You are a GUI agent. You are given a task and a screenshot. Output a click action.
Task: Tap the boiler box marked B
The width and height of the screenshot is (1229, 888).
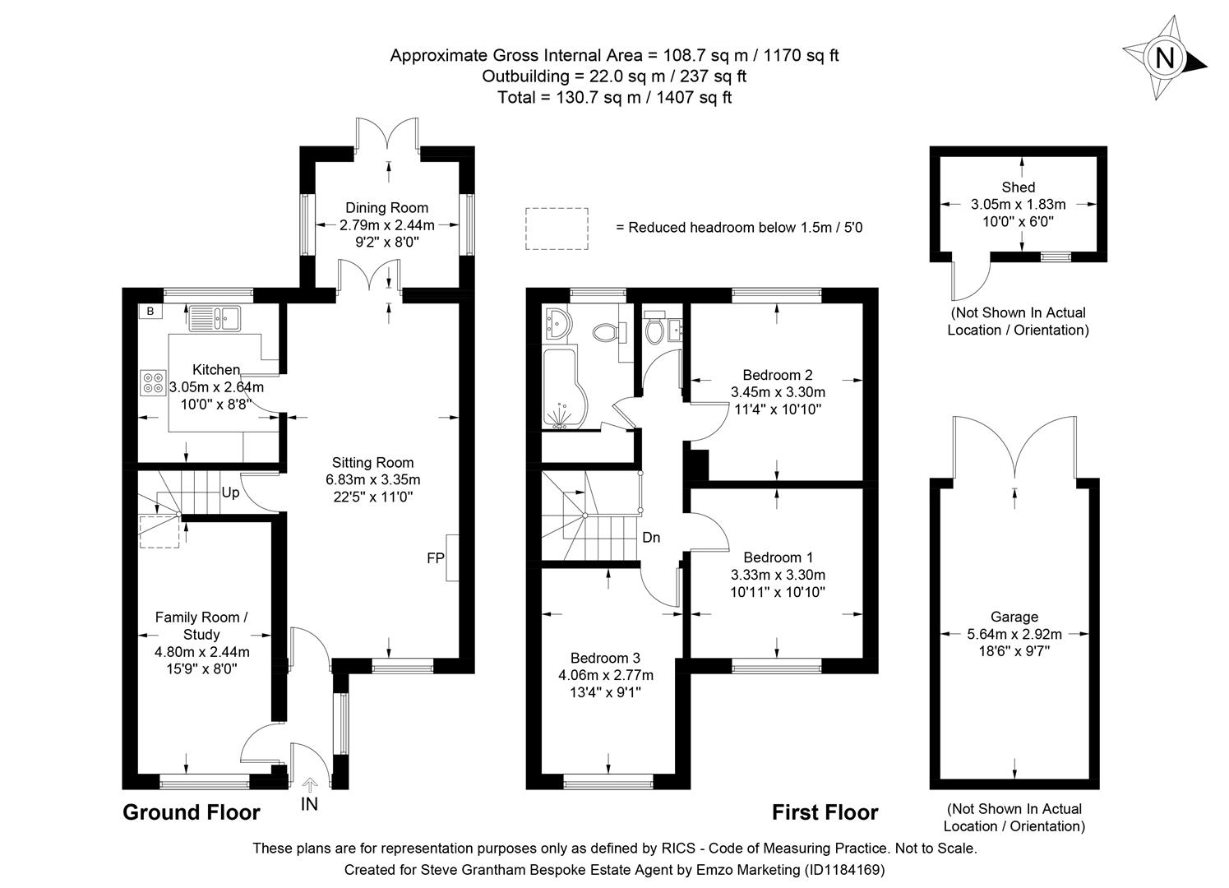pyautogui.click(x=150, y=312)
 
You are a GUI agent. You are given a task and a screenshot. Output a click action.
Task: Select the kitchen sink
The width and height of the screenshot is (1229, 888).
pyautogui.click(x=214, y=317)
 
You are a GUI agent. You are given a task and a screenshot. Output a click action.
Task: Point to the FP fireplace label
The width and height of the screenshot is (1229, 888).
pyautogui.click(x=435, y=558)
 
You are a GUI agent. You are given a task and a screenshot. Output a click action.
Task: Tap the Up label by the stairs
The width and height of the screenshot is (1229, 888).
pyautogui.click(x=230, y=493)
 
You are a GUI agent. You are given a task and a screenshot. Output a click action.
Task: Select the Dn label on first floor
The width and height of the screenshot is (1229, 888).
pyautogui.click(x=651, y=538)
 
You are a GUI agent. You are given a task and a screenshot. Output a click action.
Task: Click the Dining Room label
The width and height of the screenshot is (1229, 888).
pyautogui.click(x=386, y=207)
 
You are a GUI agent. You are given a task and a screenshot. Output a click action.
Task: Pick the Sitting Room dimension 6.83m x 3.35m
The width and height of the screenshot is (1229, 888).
pyautogui.click(x=372, y=480)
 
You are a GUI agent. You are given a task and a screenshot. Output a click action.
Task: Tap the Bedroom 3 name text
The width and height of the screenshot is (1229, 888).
pyautogui.click(x=605, y=658)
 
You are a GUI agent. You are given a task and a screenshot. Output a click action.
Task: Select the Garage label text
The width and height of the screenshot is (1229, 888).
pyautogui.click(x=1014, y=617)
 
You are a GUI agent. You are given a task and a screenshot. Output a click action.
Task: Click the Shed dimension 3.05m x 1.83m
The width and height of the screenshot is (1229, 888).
pyautogui.click(x=1018, y=205)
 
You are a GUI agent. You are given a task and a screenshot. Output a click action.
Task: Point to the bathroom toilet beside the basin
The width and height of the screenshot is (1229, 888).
pyautogui.click(x=607, y=332)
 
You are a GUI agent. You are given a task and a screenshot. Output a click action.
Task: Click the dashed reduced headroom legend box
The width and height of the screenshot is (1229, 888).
pyautogui.click(x=557, y=228)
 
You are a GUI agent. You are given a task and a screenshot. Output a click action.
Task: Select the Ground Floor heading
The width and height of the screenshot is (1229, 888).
pyautogui.click(x=191, y=812)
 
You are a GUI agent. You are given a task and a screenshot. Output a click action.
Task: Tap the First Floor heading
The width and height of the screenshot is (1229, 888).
pyautogui.click(x=825, y=812)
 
